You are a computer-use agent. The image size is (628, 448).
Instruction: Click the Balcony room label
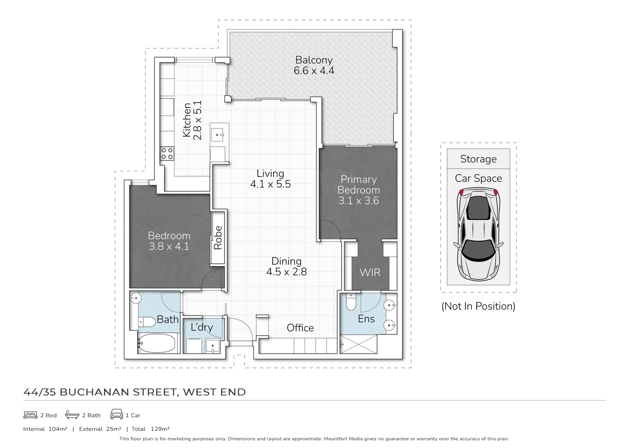pos(314,61)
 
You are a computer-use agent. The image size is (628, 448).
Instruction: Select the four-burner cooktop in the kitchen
pos(167,153)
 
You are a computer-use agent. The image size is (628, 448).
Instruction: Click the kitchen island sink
pos(218,134)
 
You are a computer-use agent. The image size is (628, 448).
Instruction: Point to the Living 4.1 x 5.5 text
pos(270,179)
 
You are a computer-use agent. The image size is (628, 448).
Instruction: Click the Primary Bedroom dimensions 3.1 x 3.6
pos(359,201)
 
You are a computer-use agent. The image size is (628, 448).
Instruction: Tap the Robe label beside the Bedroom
pos(218,238)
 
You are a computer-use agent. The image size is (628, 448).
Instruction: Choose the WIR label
pos(370,273)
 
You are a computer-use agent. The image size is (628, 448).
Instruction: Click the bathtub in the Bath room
pos(157,343)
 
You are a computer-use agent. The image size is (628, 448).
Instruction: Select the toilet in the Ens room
pos(351,303)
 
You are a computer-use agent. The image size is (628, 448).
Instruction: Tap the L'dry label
pos(201,327)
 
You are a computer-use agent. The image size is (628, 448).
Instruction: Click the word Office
pos(300,328)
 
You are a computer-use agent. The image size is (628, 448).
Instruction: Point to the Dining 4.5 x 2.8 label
pos(286,266)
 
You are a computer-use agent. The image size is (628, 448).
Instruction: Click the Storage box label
pos(478,159)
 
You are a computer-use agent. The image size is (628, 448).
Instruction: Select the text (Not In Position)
pos(478,306)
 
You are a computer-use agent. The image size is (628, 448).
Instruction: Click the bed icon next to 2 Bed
pos(31,415)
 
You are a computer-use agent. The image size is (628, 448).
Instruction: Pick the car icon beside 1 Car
pos(116,414)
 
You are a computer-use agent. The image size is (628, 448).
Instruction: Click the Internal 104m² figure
pos(45,429)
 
